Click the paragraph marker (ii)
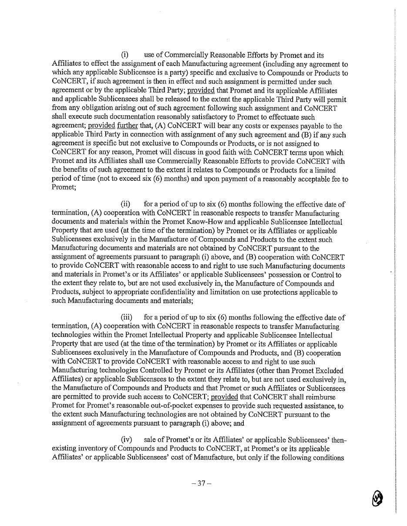pos(125,204)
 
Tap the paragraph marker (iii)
pos(126,318)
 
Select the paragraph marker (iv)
pos(126,440)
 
